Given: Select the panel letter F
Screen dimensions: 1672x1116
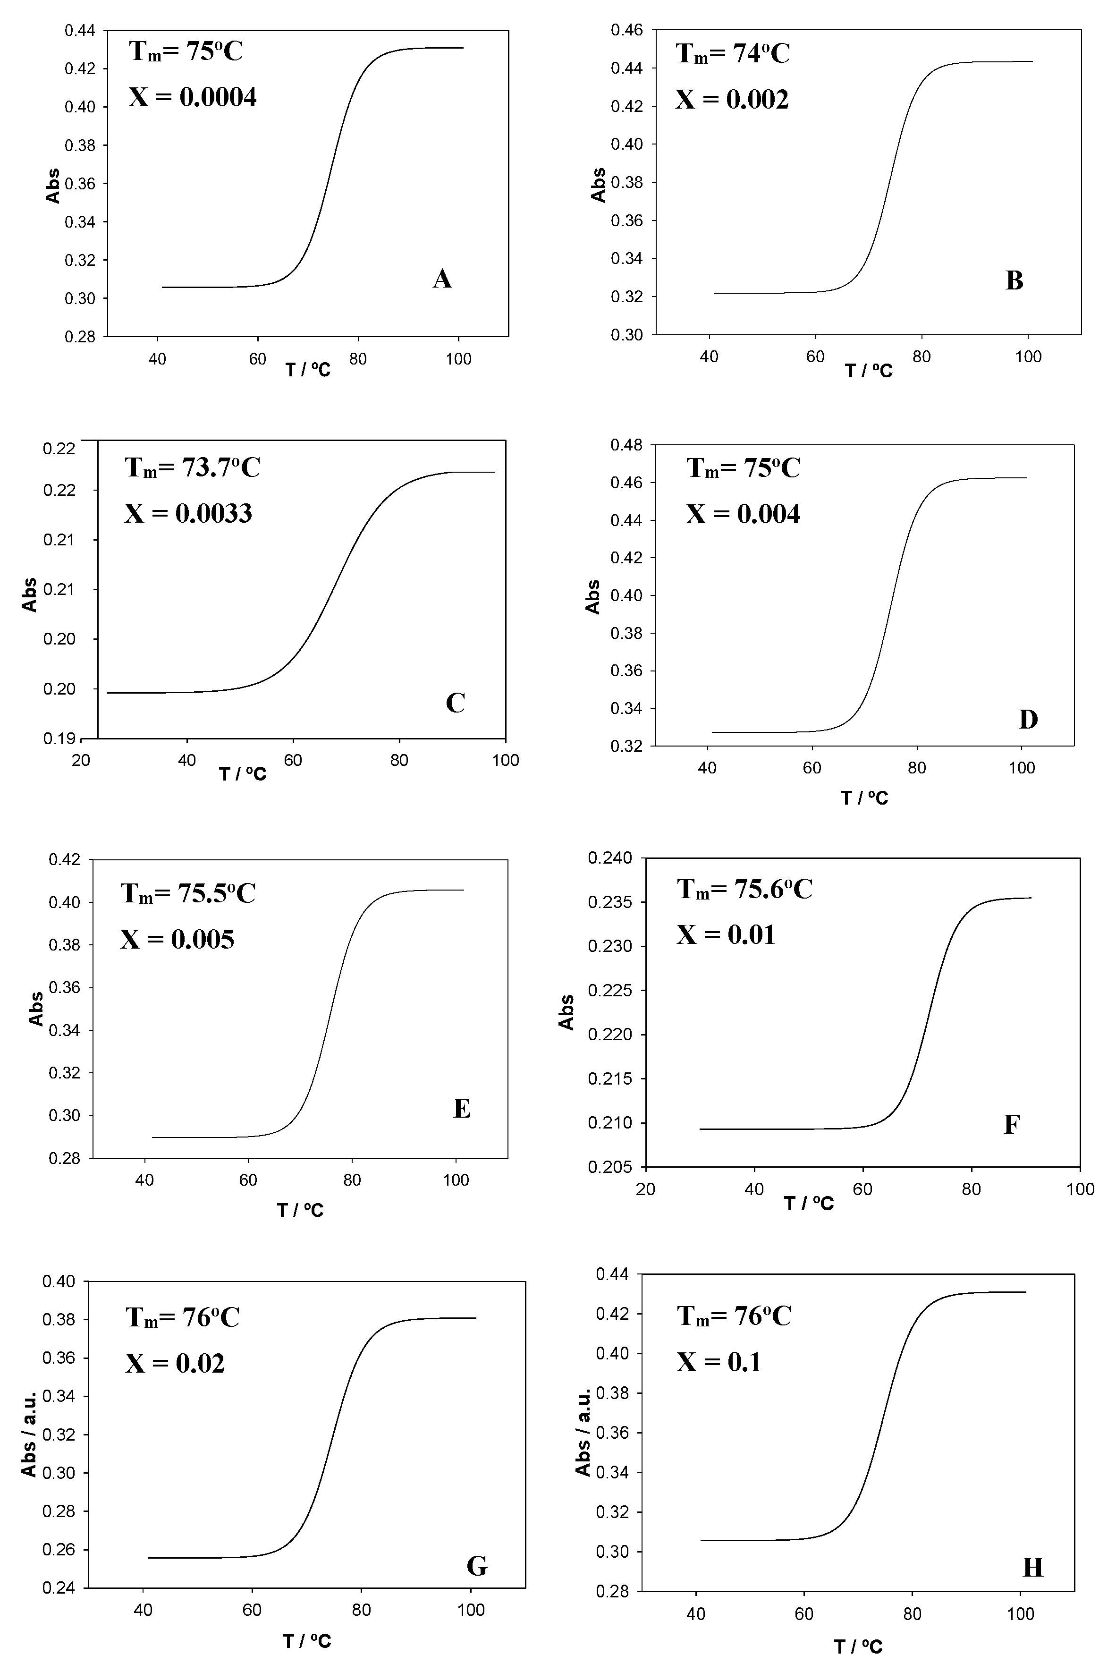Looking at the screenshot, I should [x=1011, y=1125].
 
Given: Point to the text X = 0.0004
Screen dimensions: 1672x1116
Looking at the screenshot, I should [x=192, y=97].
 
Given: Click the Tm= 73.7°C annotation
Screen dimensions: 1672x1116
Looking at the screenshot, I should [x=192, y=467].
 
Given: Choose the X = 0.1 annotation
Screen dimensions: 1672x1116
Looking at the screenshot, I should [x=719, y=1362].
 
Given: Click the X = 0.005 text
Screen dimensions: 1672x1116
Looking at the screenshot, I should [x=177, y=940].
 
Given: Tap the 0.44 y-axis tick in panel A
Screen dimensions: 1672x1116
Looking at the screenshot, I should [x=80, y=31].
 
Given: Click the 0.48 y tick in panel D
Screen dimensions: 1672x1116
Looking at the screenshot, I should [x=626, y=445].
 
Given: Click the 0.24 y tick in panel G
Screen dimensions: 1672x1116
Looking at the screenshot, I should [x=60, y=1589].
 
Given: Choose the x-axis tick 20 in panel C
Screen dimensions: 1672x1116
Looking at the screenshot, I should [x=81, y=760].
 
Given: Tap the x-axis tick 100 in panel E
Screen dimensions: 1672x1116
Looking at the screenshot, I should [x=456, y=1180].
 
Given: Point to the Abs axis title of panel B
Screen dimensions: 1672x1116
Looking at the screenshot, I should [x=599, y=185].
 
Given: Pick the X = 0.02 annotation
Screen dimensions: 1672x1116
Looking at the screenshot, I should [x=175, y=1364].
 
